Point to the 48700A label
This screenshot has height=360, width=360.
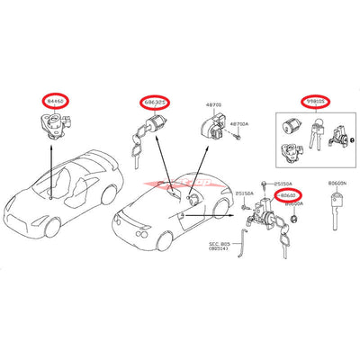point(239,122)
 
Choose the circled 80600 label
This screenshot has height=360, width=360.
point(286,193)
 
